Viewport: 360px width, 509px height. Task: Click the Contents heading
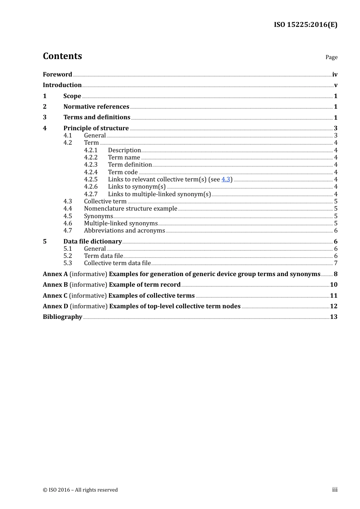click(62, 56)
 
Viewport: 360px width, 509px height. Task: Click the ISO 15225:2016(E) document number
click(305, 25)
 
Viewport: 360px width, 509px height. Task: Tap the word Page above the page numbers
click(331, 57)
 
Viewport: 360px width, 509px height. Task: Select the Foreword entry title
click(57, 74)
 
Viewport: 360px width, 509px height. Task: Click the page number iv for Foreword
click(335, 75)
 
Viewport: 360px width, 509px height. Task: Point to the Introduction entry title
click(62, 85)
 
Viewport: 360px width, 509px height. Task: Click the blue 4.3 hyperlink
click(225, 179)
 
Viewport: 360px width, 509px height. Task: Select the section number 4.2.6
click(91, 186)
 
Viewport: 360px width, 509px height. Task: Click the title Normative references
click(96, 106)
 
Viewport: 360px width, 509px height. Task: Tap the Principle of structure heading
click(96, 128)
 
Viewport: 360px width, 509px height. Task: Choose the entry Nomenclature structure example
click(130, 208)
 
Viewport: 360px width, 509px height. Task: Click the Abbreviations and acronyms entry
click(124, 230)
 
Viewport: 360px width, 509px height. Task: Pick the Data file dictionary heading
click(92, 241)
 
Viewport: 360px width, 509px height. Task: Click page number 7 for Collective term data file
click(336, 263)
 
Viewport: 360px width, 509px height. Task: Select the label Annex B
click(55, 284)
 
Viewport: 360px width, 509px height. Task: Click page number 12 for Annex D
click(333, 306)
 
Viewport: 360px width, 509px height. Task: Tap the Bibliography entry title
click(63, 317)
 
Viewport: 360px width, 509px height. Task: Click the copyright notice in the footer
click(80, 490)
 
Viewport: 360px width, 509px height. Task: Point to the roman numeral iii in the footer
click(335, 490)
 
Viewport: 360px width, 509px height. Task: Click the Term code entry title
click(123, 172)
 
